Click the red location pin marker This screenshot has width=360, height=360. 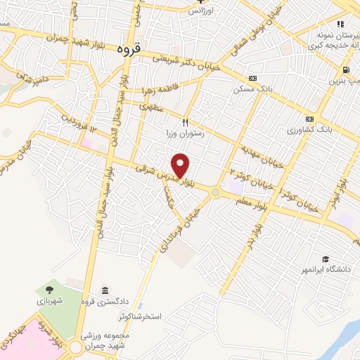pyautogui.click(x=181, y=165)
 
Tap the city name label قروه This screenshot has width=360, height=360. pyautogui.click(x=129, y=49)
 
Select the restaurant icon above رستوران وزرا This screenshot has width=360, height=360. pyautogui.click(x=186, y=121)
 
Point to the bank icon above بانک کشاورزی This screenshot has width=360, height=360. pyautogui.click(x=309, y=118)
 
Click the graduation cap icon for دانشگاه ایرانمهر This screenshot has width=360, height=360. pyautogui.click(x=325, y=259)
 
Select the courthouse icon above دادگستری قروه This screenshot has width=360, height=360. pyautogui.click(x=105, y=290)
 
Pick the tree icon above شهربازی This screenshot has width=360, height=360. pyautogui.click(x=49, y=288)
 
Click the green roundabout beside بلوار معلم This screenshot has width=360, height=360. pyautogui.click(x=215, y=191)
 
